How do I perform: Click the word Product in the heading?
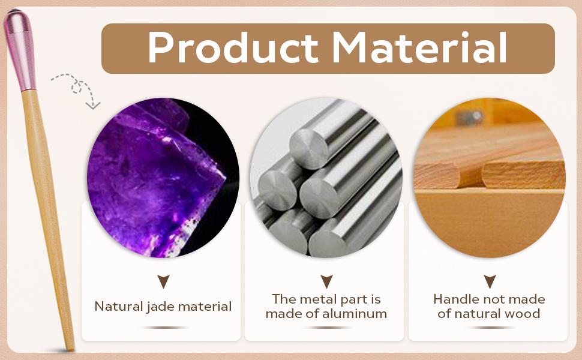(233, 48)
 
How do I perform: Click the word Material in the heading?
(420, 47)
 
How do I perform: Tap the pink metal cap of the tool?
(20, 50)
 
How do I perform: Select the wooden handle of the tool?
(47, 219)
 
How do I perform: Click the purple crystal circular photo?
(163, 178)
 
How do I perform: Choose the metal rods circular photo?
(326, 178)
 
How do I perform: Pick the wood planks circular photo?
(490, 178)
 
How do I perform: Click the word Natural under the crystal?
(119, 306)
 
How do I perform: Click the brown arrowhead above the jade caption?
(163, 281)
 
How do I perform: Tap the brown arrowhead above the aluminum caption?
(326, 281)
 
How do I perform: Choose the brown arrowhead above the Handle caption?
(490, 281)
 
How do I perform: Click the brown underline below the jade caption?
(163, 328)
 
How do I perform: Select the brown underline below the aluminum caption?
(326, 328)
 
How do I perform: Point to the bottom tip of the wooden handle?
(71, 349)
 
